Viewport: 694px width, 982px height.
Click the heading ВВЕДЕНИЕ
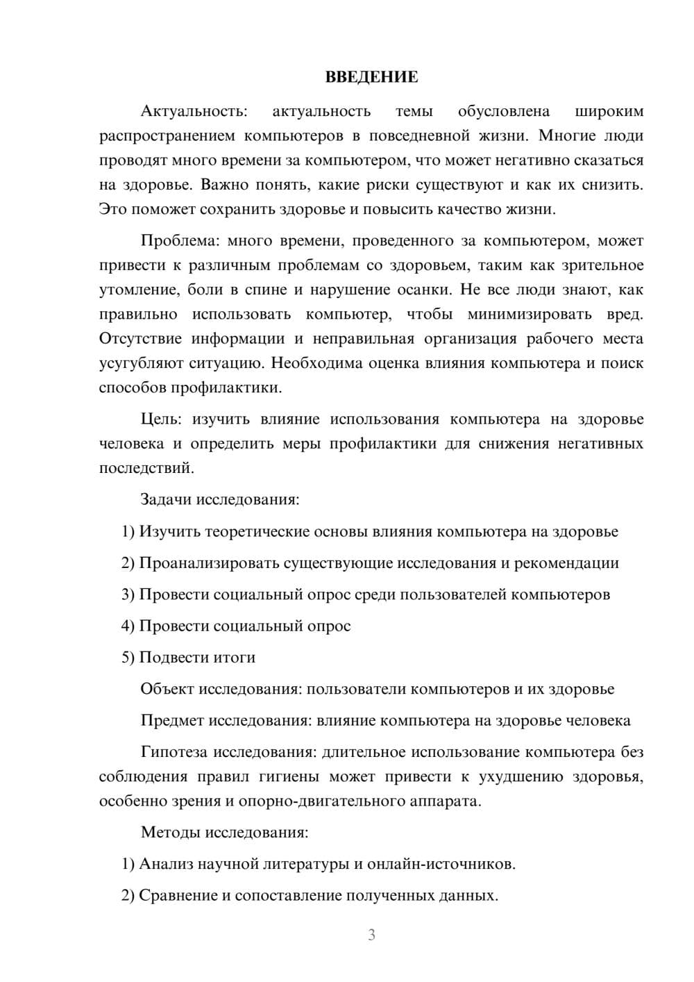pos(371,77)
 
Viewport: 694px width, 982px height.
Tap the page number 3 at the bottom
pos(371,935)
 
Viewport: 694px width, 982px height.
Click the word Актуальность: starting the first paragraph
pos(194,111)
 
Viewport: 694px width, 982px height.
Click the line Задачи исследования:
pos(220,499)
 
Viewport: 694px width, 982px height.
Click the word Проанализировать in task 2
pos(209,563)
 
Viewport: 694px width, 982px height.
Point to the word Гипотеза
pos(174,752)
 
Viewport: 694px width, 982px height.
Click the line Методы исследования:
pos(224,832)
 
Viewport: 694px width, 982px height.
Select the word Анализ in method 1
pos(166,864)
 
